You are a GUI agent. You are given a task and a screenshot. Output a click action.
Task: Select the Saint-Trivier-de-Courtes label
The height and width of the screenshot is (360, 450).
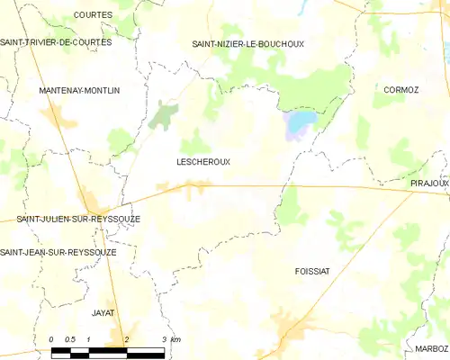point(56,41)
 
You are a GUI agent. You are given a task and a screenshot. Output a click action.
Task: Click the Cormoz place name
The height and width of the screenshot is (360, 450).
point(401,90)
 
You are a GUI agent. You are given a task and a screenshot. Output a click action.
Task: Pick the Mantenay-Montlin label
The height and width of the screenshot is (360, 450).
point(79,91)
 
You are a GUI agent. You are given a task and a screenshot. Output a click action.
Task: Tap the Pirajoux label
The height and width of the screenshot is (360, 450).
point(428,183)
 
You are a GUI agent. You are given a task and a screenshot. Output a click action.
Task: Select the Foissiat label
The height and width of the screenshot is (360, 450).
point(315,270)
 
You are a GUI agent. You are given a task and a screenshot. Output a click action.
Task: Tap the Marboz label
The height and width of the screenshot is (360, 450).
point(432,347)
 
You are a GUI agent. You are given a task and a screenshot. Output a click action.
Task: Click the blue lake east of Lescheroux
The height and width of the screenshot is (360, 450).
point(299,124)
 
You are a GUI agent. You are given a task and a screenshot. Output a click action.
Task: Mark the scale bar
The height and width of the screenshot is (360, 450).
point(108,349)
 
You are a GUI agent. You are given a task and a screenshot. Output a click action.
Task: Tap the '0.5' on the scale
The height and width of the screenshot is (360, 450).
point(70,339)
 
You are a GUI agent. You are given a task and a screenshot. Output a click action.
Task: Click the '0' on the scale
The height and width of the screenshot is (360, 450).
point(52,339)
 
